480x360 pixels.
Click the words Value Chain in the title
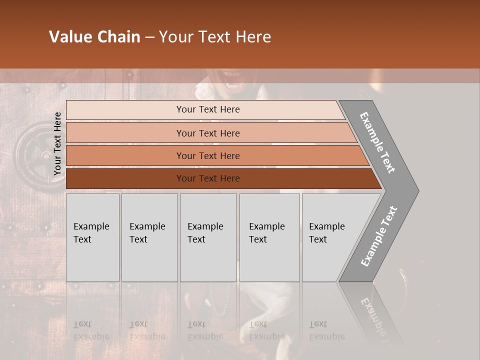click(94, 37)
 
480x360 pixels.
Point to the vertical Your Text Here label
click(57, 143)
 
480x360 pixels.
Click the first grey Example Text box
click(92, 237)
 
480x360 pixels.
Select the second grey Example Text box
click(149, 237)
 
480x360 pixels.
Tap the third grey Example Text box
click(208, 237)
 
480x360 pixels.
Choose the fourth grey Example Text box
click(269, 237)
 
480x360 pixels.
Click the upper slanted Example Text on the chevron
click(377, 142)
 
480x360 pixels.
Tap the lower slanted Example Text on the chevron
click(379, 236)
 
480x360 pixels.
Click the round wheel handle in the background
click(33, 150)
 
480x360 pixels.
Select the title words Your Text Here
click(215, 37)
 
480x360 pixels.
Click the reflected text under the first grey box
click(91, 330)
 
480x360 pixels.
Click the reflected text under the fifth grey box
click(327, 330)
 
